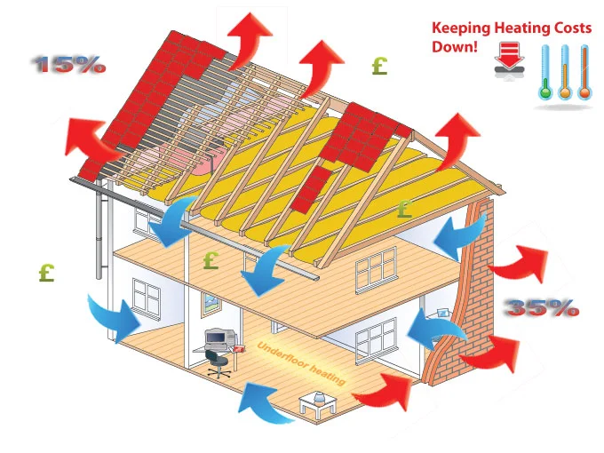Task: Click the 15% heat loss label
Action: pos(69,65)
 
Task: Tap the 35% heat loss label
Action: pos(543,308)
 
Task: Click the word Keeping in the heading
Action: pos(457,28)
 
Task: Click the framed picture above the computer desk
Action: pos(211,304)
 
